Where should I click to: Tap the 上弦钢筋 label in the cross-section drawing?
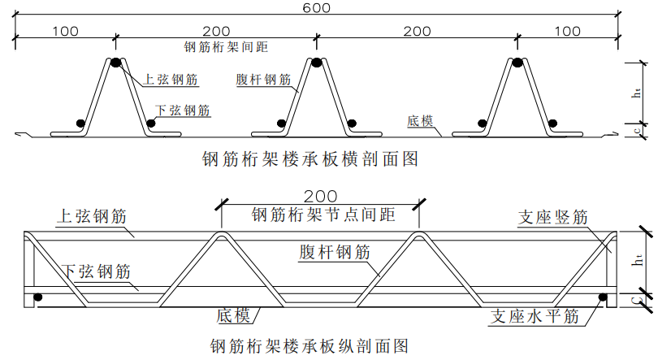pos(171,80)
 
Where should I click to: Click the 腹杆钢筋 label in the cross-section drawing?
pos(263,80)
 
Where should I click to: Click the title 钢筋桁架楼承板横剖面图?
pos(310,159)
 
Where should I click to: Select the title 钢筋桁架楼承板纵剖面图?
pos(308,345)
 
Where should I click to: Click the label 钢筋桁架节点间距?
pos(323,215)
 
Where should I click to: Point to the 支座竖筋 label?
pos(552,218)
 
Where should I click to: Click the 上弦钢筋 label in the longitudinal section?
pos(93,216)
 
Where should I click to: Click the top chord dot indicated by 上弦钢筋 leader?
pos(115,63)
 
